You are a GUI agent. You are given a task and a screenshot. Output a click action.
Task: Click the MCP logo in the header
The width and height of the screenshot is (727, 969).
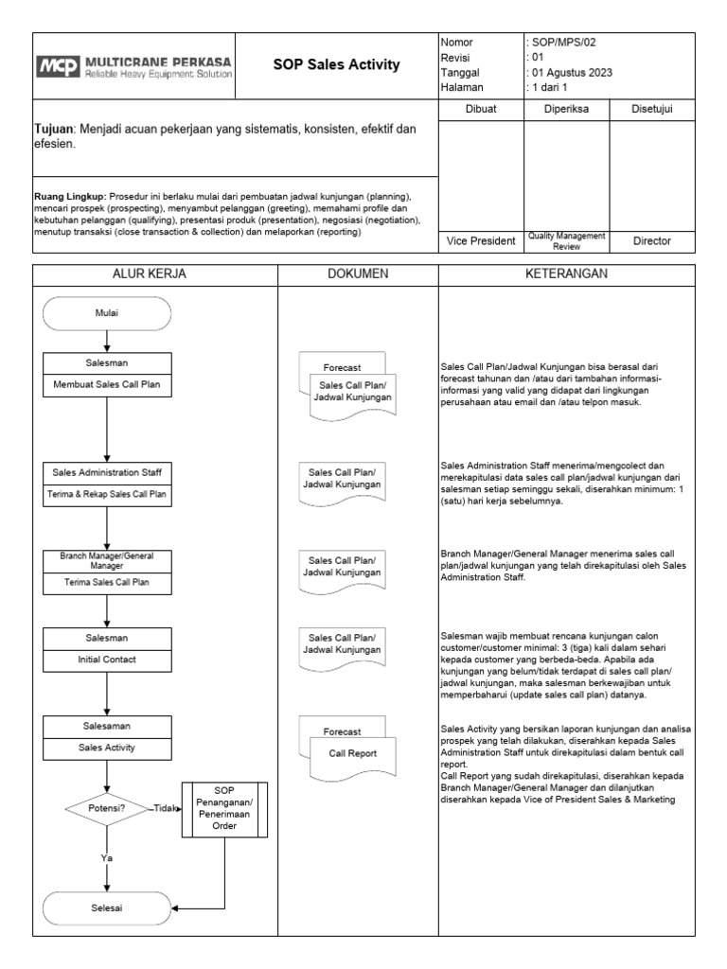tap(61, 65)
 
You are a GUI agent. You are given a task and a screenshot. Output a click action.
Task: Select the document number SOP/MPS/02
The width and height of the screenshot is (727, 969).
tap(563, 43)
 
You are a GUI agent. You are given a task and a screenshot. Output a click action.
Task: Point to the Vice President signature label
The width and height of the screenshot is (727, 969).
tap(480, 241)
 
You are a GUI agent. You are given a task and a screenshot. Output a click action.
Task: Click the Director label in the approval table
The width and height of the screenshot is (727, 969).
tap(651, 241)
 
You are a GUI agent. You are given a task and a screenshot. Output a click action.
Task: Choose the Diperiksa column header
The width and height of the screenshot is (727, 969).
tap(565, 110)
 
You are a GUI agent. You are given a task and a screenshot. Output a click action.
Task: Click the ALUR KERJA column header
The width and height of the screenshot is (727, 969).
tap(155, 273)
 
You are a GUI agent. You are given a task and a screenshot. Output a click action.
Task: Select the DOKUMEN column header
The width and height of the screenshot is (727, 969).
tap(357, 273)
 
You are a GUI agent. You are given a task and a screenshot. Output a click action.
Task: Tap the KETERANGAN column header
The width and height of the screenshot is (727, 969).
tap(566, 273)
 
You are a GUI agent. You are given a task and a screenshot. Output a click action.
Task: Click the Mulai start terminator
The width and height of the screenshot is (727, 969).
tap(107, 312)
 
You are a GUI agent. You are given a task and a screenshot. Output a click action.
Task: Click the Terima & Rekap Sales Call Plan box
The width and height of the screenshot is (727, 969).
tap(107, 493)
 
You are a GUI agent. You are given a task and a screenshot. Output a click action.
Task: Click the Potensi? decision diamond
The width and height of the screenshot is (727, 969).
tap(106, 807)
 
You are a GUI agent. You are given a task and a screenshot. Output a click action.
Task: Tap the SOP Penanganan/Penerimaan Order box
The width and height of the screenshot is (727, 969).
tap(224, 807)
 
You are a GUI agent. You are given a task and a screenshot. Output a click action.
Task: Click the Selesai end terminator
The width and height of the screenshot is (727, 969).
tap(107, 907)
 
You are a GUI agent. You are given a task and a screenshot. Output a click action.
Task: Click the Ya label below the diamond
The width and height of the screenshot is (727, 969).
tap(107, 858)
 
